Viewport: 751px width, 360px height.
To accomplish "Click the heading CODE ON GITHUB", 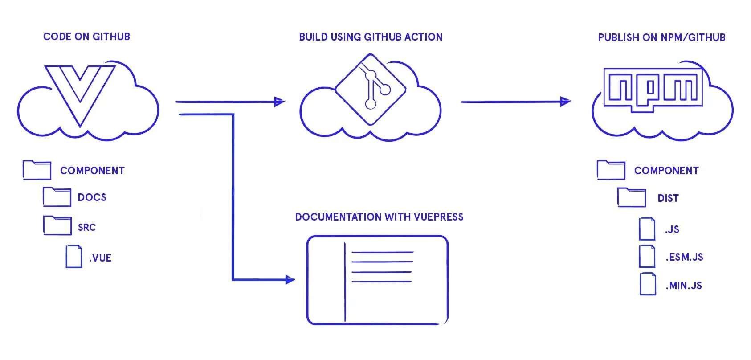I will (x=86, y=37).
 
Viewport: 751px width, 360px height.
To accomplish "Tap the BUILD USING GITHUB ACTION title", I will (x=371, y=37).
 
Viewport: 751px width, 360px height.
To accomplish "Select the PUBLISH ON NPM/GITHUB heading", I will (x=661, y=37).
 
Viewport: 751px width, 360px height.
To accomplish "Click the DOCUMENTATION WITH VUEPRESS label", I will (x=379, y=217).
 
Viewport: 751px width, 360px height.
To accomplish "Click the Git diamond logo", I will (x=371, y=89).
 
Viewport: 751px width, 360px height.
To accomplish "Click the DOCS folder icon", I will (x=57, y=197).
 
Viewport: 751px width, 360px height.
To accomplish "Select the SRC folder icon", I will (x=57, y=225).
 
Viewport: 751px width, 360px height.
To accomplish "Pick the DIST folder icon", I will (x=631, y=197).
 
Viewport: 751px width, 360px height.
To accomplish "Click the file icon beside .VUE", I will (x=74, y=256).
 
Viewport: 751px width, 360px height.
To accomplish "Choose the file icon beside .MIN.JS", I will (x=648, y=284).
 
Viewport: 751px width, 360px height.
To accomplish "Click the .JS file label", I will (x=672, y=229).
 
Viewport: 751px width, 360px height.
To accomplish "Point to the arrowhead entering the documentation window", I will (x=290, y=280).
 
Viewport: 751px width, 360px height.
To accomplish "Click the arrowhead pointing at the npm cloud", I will (x=565, y=102).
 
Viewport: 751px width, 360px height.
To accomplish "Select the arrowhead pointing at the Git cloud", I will (x=279, y=102).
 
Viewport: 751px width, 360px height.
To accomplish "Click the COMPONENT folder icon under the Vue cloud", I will (x=37, y=170).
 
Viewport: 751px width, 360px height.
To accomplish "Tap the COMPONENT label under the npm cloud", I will (x=666, y=171).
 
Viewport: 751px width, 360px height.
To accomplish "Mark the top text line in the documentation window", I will (x=382, y=253).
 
